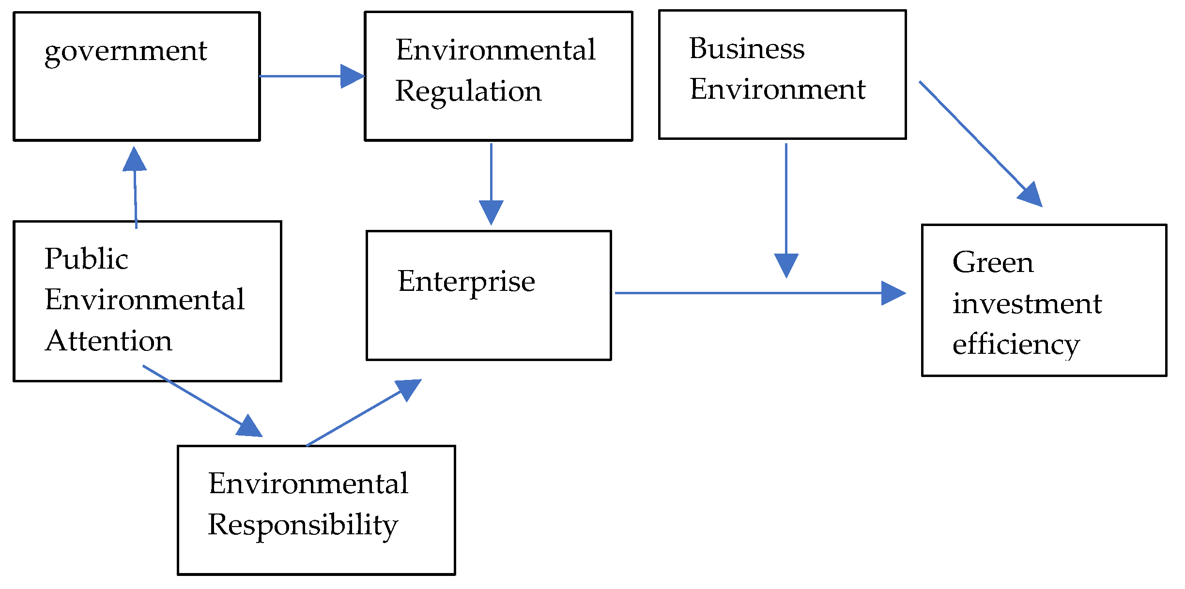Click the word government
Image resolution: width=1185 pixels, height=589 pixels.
125,51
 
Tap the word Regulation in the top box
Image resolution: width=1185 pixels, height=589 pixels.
468,91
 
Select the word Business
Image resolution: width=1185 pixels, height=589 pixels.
746,48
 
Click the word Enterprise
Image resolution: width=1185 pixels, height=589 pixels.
466,282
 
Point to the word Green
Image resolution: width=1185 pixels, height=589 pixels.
992,262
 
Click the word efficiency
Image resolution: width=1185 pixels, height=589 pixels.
1016,345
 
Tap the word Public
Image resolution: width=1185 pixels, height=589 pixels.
86,259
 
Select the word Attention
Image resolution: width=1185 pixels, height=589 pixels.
108,341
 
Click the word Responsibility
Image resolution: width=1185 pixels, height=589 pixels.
303,526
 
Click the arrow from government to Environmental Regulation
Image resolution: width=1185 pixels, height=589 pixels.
310,76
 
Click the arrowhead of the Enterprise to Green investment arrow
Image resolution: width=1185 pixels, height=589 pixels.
892,293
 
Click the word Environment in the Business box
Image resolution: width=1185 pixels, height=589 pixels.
777,90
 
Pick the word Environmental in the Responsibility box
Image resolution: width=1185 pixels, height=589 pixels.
308,483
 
